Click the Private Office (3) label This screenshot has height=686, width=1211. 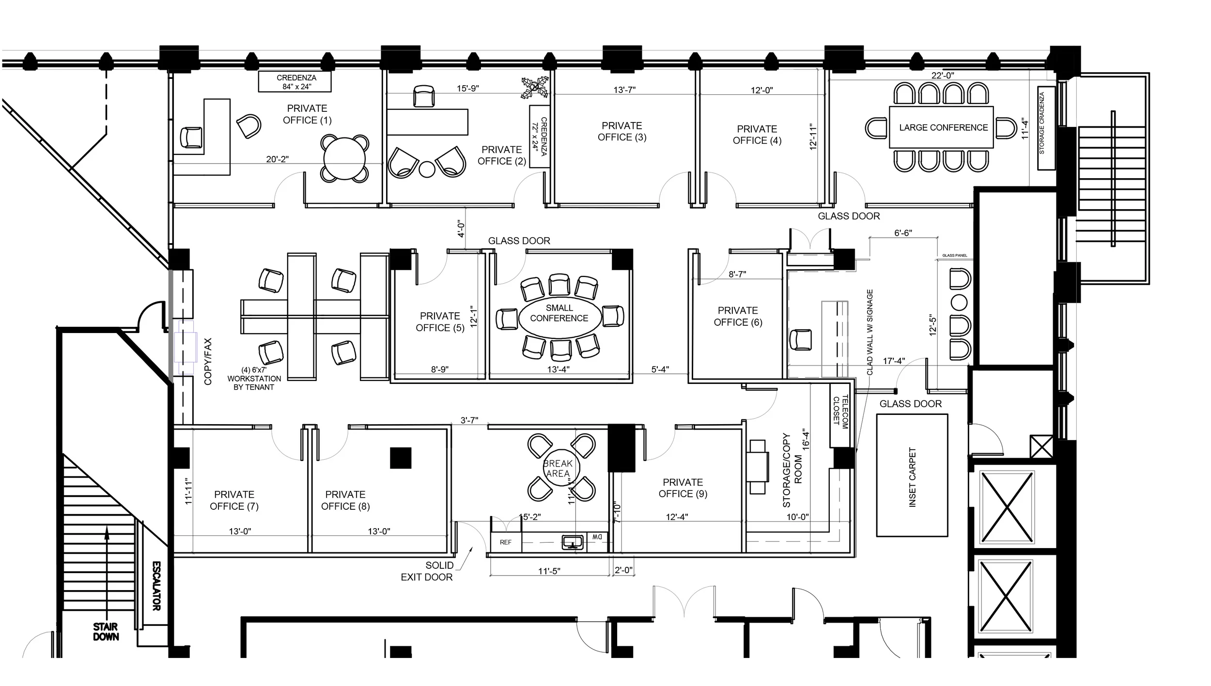tap(622, 131)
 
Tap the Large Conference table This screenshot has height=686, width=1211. tap(942, 127)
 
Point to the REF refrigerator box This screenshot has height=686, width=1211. tap(506, 542)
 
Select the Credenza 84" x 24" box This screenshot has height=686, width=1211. tap(295, 82)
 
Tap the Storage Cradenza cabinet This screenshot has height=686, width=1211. tap(1045, 128)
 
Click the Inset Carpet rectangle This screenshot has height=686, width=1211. tap(912, 475)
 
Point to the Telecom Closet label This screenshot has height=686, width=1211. tap(840, 411)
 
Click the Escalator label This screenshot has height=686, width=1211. tap(156, 586)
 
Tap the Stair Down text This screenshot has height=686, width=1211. tap(106, 632)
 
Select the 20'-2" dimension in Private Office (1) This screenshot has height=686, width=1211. tap(277, 159)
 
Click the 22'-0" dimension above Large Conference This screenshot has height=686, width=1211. tap(942, 76)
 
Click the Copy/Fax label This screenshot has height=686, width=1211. tap(208, 361)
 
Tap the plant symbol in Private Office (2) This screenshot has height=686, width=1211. tap(534, 88)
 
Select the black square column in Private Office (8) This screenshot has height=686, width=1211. tap(401, 458)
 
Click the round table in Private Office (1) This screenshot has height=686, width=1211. tap(344, 159)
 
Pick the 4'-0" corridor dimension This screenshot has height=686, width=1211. tap(461, 228)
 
